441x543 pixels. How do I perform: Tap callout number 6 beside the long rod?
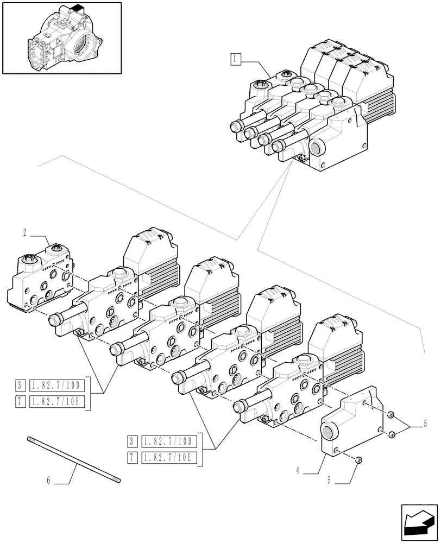[x=48, y=481]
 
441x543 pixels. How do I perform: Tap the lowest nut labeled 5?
[x=360, y=461]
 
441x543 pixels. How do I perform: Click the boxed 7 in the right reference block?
[x=131, y=457]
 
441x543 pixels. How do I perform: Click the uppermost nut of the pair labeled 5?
[x=390, y=415]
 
